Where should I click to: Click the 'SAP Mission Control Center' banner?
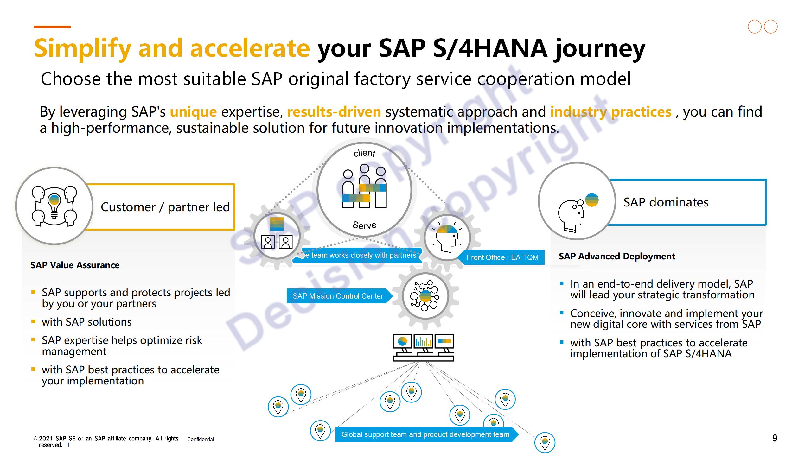pyautogui.click(x=338, y=296)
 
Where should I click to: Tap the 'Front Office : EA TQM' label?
pyautogui.click(x=502, y=257)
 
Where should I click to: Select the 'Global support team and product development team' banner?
pyautogui.click(x=425, y=434)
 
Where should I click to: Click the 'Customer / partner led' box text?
pyautogui.click(x=165, y=207)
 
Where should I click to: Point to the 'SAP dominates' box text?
pyautogui.click(x=666, y=202)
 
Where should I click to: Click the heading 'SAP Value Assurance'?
pyautogui.click(x=75, y=265)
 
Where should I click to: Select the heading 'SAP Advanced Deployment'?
pyautogui.click(x=617, y=256)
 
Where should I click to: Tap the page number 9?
pyautogui.click(x=775, y=438)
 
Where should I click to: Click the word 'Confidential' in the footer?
pyautogui.click(x=201, y=439)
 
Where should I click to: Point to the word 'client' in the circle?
pyautogui.click(x=364, y=153)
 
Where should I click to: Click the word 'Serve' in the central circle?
pyautogui.click(x=364, y=225)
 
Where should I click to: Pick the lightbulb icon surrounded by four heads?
pyautogui.click(x=54, y=206)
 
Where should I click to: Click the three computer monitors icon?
pyautogui.click(x=423, y=347)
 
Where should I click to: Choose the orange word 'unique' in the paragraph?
pyautogui.click(x=193, y=112)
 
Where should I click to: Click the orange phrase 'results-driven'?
pyautogui.click(x=334, y=112)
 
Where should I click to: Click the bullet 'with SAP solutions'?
pyautogui.click(x=86, y=322)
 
